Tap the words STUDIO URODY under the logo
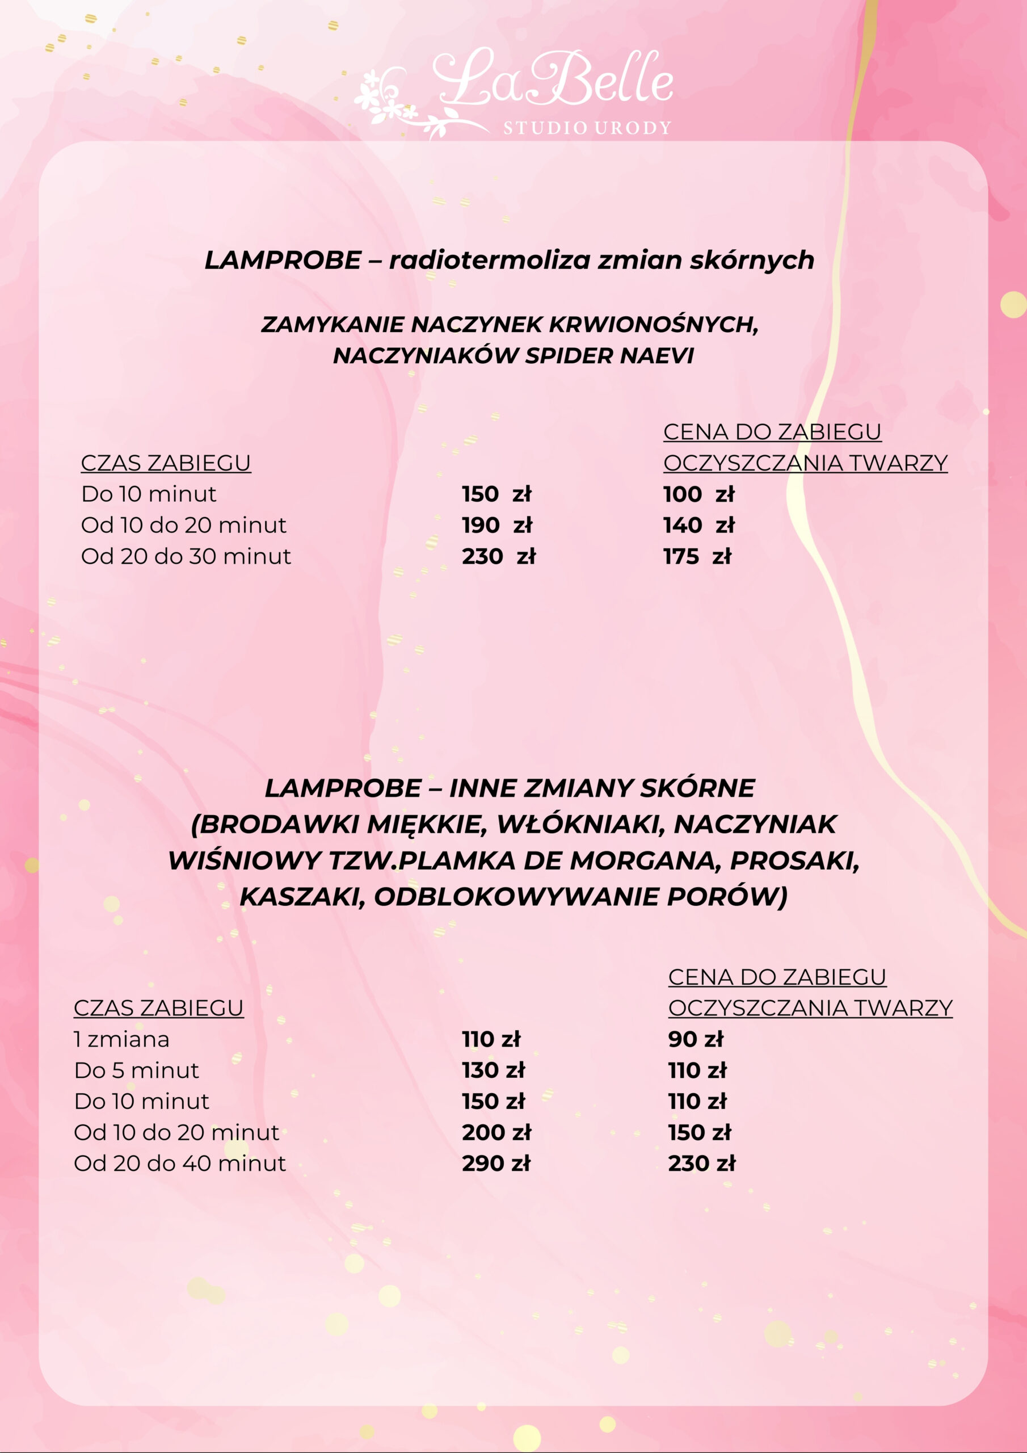[587, 128]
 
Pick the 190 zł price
[496, 525]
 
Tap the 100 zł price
[698, 494]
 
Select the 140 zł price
[698, 525]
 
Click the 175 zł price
[697, 556]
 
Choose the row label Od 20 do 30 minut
[186, 556]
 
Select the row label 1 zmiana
[121, 1039]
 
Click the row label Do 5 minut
[136, 1070]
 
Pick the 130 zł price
[494, 1070]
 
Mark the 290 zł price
[496, 1163]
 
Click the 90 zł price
[696, 1039]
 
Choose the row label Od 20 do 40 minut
[180, 1163]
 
